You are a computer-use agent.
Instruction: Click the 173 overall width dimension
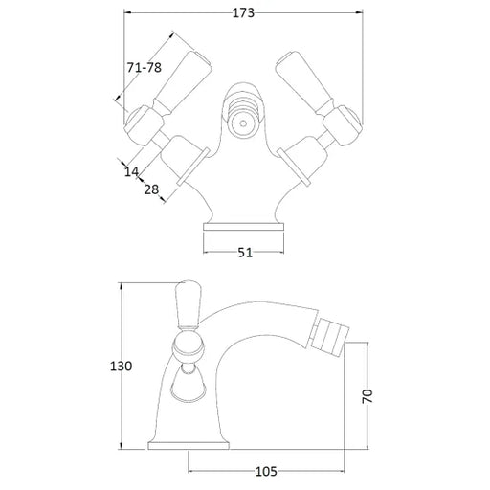click(243, 13)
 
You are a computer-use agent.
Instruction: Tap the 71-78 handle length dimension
click(145, 67)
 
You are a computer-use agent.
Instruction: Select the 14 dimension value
click(131, 171)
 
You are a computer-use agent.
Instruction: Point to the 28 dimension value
click(151, 189)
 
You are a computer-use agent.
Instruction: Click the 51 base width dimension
click(245, 253)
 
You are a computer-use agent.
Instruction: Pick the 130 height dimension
click(121, 366)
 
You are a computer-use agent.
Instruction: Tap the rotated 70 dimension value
click(367, 396)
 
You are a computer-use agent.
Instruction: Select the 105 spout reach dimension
click(266, 471)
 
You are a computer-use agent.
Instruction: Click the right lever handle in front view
click(305, 83)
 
